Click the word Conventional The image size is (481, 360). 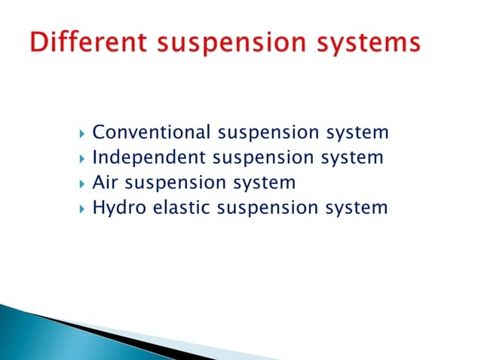[152, 133]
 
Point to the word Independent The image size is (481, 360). [149, 157]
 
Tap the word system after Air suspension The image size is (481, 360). [265, 183]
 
